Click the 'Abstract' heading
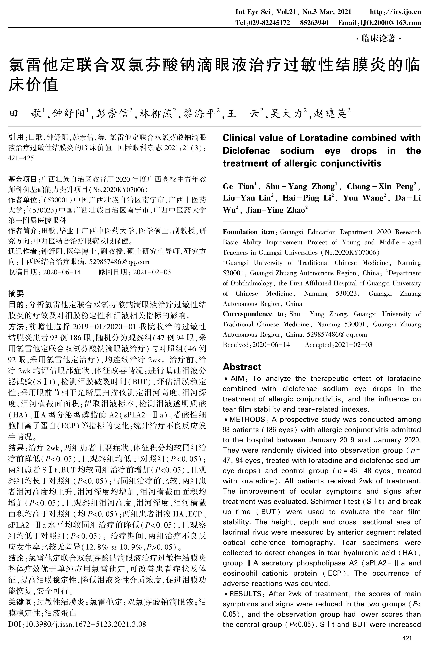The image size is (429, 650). click(242, 367)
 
